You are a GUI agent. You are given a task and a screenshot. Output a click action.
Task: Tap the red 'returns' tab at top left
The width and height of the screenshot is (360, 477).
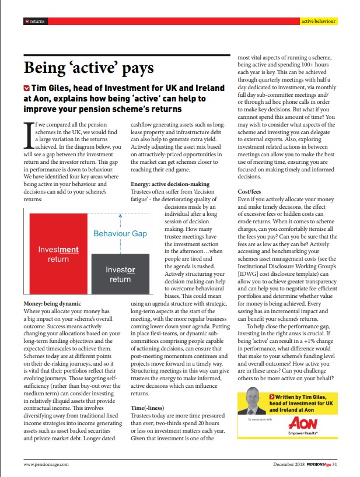[35, 21]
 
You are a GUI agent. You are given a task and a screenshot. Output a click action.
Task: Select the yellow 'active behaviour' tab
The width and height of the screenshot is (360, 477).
[319, 21]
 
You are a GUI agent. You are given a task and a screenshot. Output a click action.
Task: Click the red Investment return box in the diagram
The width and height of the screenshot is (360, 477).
[54, 254]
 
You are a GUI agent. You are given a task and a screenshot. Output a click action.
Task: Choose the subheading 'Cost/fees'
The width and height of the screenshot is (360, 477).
[250, 191]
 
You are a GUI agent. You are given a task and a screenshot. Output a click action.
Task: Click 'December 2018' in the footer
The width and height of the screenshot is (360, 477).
[287, 465]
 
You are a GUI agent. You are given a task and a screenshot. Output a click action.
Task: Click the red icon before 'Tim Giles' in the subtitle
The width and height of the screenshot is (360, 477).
[26, 88]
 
